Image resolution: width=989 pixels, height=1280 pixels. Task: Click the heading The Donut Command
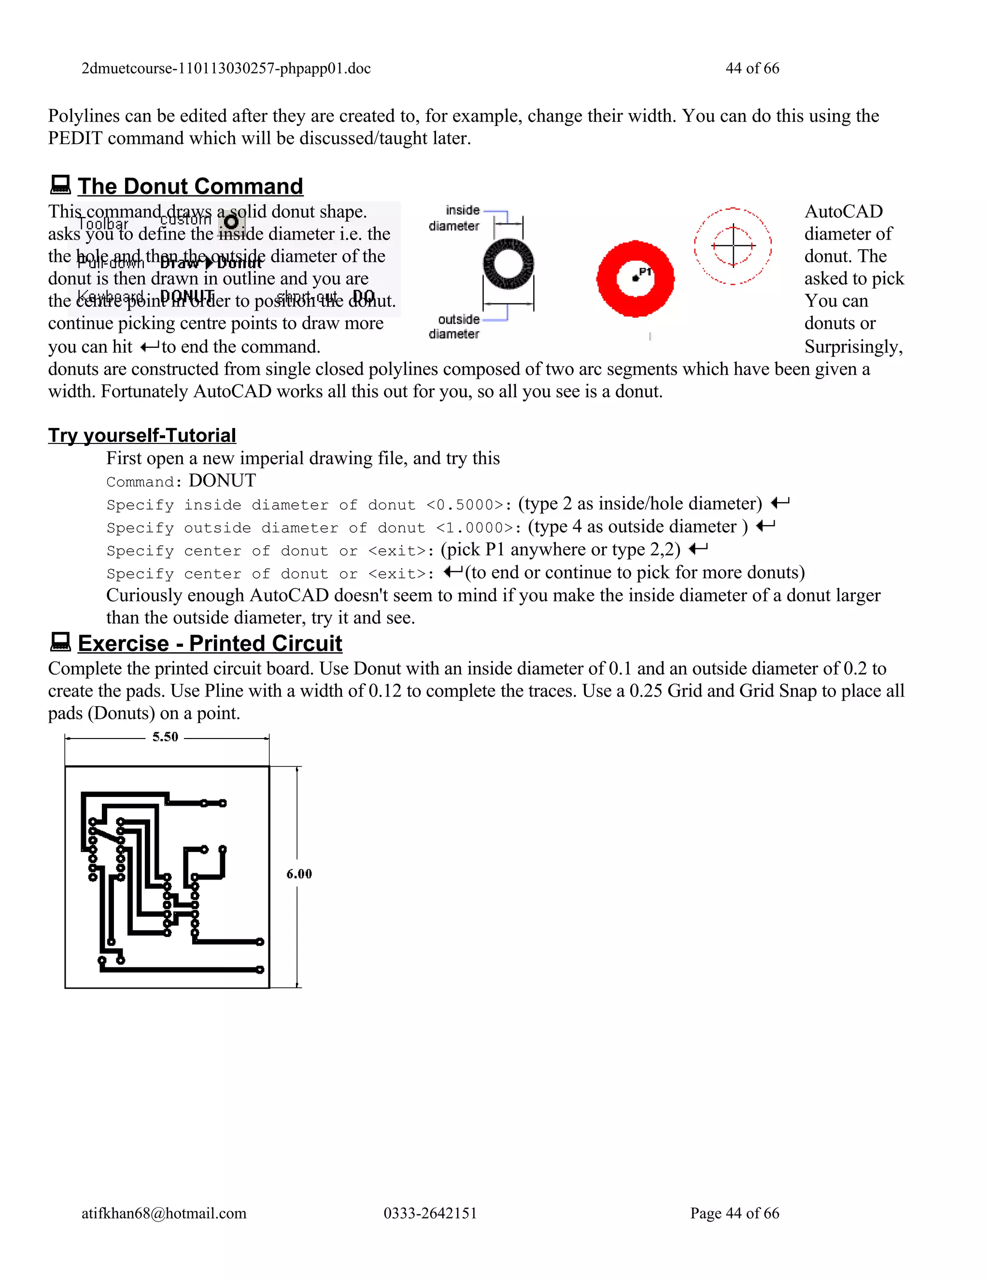190,186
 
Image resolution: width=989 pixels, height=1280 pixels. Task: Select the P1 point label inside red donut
645,272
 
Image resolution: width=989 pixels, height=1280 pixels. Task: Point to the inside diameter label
454,218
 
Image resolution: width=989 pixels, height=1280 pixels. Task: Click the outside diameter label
454,327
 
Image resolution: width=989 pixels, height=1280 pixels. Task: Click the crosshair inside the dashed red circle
733,245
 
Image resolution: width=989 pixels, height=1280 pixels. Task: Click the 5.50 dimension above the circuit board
165,737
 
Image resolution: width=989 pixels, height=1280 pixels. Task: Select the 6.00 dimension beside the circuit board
299,874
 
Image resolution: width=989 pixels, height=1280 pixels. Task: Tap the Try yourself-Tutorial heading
142,436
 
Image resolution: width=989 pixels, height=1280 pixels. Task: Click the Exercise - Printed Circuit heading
209,643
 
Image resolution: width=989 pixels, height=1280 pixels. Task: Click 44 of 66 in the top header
752,68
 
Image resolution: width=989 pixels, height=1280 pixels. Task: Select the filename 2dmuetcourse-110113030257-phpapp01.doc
226,68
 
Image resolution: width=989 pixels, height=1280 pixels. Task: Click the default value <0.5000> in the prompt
465,505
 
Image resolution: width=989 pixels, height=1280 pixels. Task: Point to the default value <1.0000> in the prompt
475,528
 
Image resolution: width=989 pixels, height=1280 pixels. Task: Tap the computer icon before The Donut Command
60,185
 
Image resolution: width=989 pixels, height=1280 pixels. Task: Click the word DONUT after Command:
222,481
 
